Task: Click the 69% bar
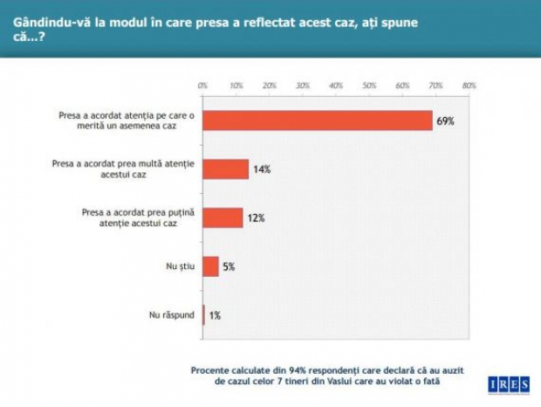[318, 121]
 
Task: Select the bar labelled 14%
[225, 169]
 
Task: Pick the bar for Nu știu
[210, 266]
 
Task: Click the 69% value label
[445, 121]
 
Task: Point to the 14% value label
[262, 169]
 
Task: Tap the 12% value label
[255, 218]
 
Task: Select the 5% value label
[229, 266]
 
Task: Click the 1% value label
[215, 315]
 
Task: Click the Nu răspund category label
[170, 314]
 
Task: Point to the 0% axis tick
[202, 86]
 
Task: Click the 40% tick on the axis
[336, 86]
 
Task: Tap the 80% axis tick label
[469, 86]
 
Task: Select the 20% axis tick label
[270, 86]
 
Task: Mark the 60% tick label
[402, 86]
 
